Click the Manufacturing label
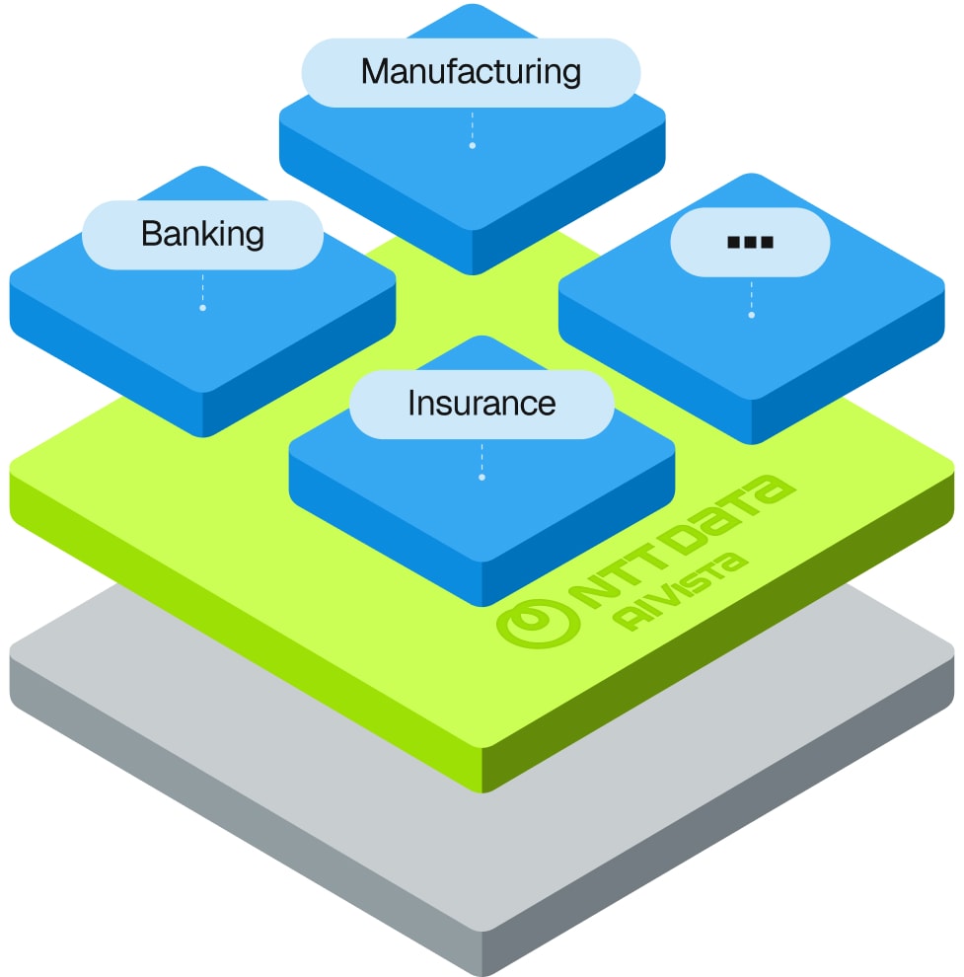471,72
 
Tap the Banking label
202,234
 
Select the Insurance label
482,404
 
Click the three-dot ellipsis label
750,242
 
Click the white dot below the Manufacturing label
473,146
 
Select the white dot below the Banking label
202,308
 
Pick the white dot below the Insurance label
482,478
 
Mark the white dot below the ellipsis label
751,316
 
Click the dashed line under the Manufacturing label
473,126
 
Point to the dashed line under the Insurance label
482,458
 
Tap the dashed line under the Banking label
202,288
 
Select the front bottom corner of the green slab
483,789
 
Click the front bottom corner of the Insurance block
482,604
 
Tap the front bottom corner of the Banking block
203,434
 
